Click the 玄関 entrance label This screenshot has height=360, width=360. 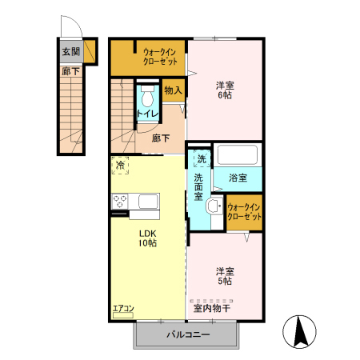click(x=71, y=52)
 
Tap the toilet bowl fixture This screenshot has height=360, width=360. click(x=147, y=96)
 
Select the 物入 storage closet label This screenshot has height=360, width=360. click(x=174, y=90)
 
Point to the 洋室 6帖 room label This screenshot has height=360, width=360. click(x=225, y=90)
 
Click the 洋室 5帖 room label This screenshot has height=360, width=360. click(x=225, y=276)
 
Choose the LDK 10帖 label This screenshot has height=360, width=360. click(x=147, y=238)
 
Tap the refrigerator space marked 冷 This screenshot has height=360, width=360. click(x=120, y=165)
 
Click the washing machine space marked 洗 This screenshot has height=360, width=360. click(x=202, y=159)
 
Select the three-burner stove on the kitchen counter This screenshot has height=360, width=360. click(x=119, y=202)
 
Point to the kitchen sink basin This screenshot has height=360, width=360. click(x=148, y=202)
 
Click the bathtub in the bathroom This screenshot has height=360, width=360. click(x=238, y=154)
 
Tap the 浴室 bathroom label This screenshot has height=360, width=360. click(x=238, y=178)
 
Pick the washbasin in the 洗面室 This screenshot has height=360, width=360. click(x=214, y=206)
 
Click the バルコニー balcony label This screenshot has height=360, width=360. click(x=188, y=334)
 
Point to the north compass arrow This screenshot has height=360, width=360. click(x=301, y=331)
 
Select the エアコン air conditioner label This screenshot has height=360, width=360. click(x=123, y=309)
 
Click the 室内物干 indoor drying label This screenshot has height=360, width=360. click(x=212, y=308)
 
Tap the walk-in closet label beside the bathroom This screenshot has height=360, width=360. click(x=244, y=212)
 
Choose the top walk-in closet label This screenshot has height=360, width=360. click(x=160, y=57)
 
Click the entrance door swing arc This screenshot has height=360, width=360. click(x=77, y=22)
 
